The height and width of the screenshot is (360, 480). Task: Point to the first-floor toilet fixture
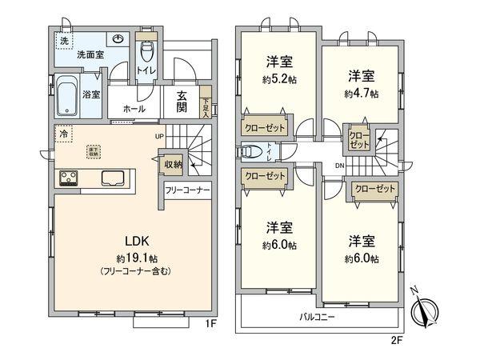(x=146, y=53)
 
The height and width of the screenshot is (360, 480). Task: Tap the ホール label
(x=134, y=108)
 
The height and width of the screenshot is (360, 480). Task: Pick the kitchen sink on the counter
(x=110, y=178)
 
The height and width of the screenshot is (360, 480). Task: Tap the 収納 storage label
(x=172, y=165)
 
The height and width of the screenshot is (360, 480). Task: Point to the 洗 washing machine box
(x=62, y=40)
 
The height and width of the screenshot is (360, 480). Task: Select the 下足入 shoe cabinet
(x=205, y=106)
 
